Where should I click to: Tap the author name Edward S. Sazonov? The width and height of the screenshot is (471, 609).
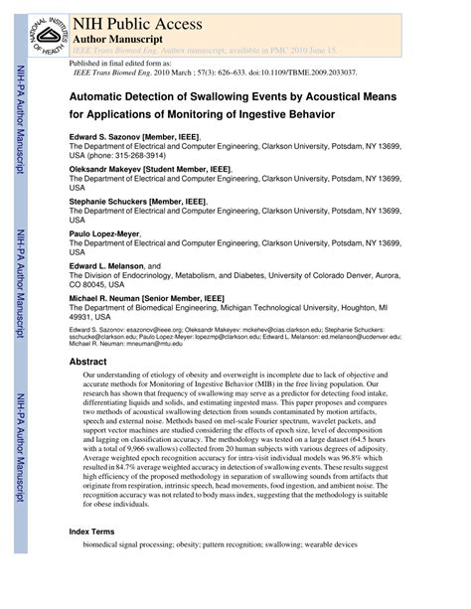pos(107,136)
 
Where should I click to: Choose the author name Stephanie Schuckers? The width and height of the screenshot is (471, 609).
pos(110,202)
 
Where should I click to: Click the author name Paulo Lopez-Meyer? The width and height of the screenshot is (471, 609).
pos(104,234)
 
